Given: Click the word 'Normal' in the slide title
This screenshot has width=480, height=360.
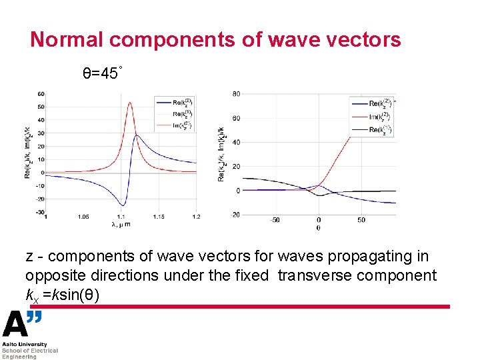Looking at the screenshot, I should (67, 39).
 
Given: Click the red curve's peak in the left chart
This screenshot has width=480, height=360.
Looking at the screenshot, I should (130, 103).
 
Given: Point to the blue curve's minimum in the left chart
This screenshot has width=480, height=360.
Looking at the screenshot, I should (122, 205).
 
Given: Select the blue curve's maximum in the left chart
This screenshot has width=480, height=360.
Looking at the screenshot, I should (137, 135).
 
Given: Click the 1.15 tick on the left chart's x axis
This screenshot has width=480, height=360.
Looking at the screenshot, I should (159, 217).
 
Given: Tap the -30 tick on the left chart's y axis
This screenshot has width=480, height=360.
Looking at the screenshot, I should (40, 212).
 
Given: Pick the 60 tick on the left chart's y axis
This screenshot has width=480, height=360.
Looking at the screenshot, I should (41, 94).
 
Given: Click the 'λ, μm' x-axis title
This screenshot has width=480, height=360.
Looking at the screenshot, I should (121, 224).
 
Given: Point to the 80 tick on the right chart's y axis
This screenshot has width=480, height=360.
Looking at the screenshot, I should (236, 94).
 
